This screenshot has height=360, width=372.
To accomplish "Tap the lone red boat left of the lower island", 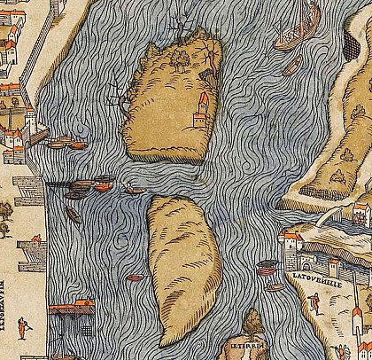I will [x=135, y=278].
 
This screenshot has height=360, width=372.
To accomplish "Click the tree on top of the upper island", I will [x=182, y=59].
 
